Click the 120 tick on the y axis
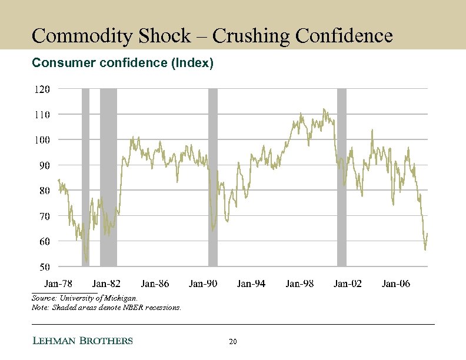coord(41,89)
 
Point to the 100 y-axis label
coord(41,139)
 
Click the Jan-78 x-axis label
coord(58,284)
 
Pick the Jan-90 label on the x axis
coord(203,284)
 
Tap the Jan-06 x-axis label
coord(396,284)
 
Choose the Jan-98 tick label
coord(299,284)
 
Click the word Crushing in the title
coord(251,36)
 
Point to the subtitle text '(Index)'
coord(191,62)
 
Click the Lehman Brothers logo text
coord(82,341)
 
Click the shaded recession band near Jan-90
coord(213,176)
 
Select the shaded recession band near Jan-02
coord(341,176)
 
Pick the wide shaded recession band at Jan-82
coord(108,176)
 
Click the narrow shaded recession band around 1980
coord(85,176)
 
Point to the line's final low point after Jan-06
coord(425,249)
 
